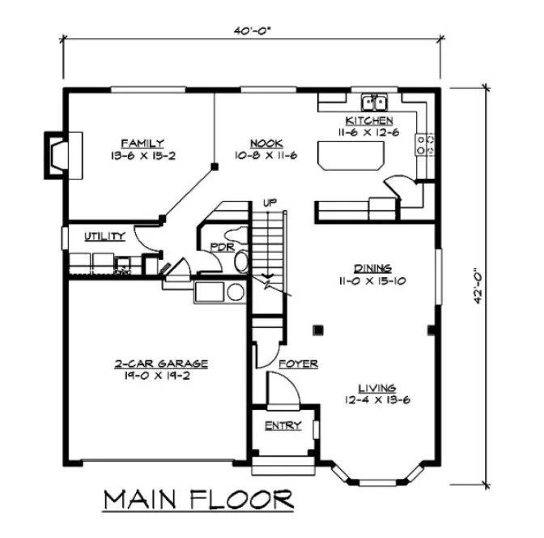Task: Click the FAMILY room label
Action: (x=142, y=142)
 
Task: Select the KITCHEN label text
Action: (x=370, y=119)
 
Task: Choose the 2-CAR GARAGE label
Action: (x=161, y=364)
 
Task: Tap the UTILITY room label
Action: (x=104, y=237)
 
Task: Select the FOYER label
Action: (x=299, y=364)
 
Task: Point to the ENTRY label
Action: (x=283, y=425)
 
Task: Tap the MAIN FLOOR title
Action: (x=198, y=498)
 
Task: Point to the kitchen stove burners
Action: (x=426, y=144)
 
